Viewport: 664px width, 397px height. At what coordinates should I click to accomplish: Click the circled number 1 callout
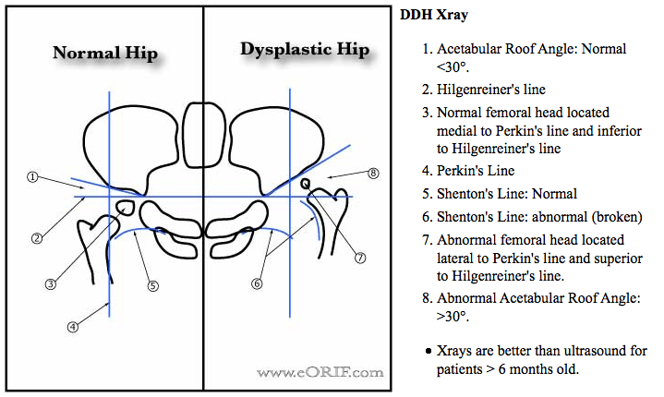[x=31, y=176]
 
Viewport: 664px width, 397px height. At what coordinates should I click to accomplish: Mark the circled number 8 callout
[x=373, y=173]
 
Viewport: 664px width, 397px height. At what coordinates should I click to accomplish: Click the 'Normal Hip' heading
[x=103, y=53]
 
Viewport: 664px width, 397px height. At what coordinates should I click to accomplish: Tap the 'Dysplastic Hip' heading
[x=297, y=49]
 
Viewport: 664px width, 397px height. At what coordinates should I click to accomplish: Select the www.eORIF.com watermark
[x=320, y=372]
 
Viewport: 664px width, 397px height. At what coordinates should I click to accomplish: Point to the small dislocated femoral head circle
[x=305, y=184]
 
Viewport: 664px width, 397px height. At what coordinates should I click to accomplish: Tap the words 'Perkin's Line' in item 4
[x=475, y=171]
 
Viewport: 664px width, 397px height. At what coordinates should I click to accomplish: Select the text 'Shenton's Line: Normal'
[x=507, y=194]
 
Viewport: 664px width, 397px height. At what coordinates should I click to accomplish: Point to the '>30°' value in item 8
[x=451, y=316]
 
